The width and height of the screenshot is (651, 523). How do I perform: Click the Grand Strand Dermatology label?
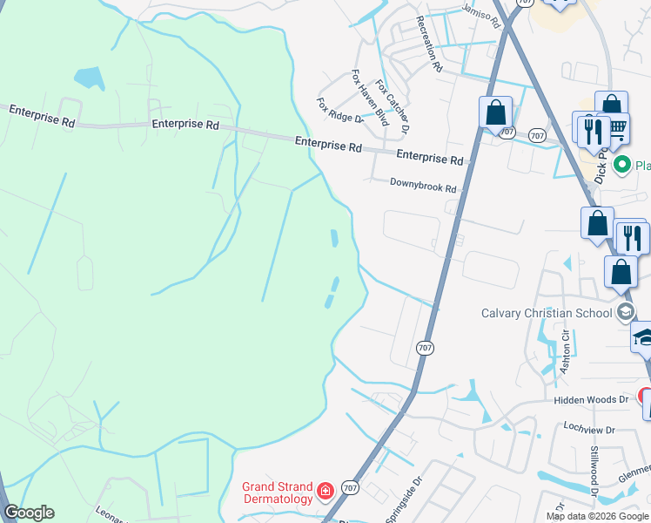(277, 492)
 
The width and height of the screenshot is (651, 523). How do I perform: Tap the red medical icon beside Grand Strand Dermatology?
(325, 492)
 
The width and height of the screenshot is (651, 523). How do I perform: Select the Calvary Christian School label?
(547, 313)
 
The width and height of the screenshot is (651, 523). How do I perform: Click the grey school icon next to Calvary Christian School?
(625, 313)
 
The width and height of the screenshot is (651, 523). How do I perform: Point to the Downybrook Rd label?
(423, 187)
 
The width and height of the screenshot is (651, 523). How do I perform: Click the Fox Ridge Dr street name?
(339, 111)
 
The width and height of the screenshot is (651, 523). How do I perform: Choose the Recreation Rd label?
(430, 44)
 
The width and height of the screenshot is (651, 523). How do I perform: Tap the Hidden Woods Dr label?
(591, 399)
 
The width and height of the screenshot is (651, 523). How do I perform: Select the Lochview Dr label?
(589, 430)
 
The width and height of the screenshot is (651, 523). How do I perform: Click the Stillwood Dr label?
(595, 472)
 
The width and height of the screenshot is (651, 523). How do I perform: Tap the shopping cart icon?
(617, 129)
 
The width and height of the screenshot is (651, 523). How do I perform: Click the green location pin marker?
(622, 164)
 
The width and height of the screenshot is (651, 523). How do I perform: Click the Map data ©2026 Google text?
(596, 516)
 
